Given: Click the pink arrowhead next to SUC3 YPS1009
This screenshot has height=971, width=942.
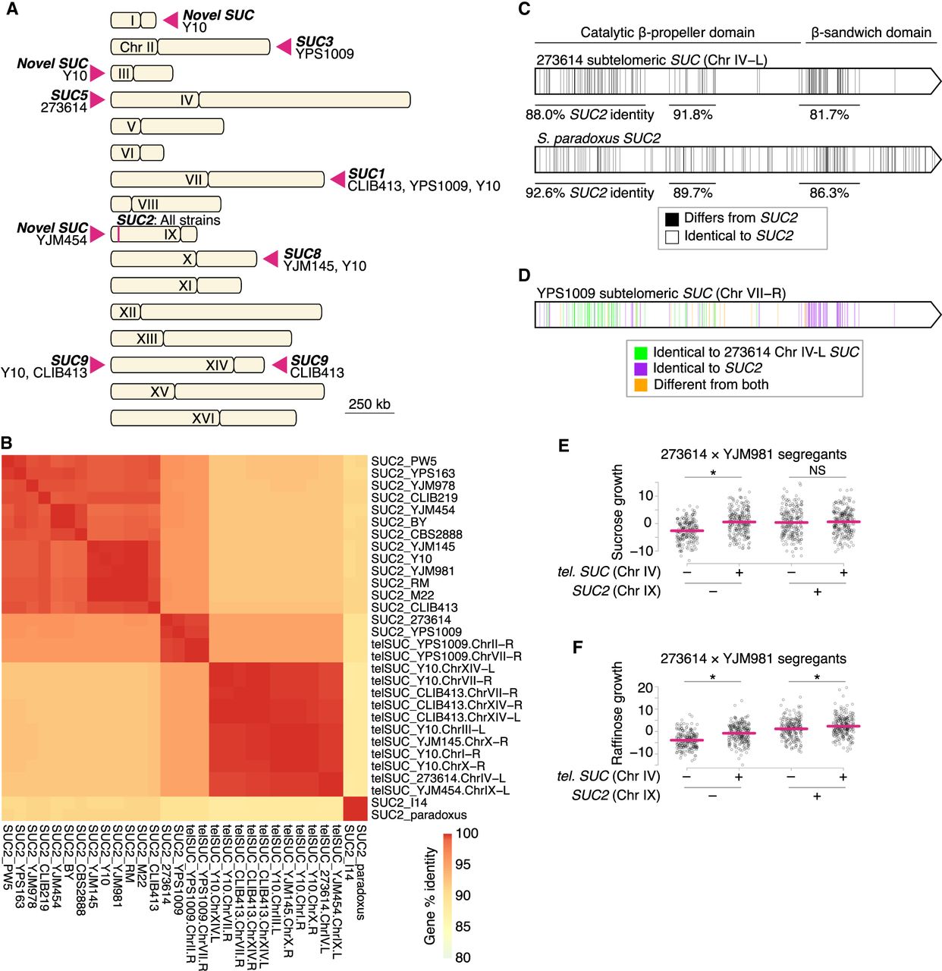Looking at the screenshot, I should (x=284, y=47).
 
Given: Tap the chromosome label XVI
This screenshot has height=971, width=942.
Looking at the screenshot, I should (x=203, y=418).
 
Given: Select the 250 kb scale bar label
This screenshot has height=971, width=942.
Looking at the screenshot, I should (x=369, y=404).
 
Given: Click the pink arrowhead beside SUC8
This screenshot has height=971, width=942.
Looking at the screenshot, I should (x=271, y=259).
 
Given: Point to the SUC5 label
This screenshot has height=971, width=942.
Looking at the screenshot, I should (x=69, y=96).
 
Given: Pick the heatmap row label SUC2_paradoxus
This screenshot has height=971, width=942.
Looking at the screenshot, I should (x=419, y=815).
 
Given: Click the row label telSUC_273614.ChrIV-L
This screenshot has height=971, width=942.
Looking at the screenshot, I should (x=438, y=778).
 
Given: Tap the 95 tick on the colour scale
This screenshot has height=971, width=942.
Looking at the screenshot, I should (x=463, y=864).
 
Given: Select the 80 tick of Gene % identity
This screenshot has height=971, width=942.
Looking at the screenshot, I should (x=463, y=957).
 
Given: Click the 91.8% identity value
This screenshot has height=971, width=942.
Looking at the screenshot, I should (x=692, y=115).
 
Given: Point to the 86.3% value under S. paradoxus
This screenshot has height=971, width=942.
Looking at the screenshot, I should (x=829, y=193).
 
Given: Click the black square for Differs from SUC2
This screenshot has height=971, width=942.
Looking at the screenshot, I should (x=671, y=218).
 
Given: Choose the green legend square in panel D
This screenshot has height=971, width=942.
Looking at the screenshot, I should (x=641, y=352).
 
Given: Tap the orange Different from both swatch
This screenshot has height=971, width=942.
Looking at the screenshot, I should (x=641, y=385).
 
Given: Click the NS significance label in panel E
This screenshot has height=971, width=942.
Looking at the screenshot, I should (x=817, y=470).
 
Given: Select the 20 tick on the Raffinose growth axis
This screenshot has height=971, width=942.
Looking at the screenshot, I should (x=645, y=688).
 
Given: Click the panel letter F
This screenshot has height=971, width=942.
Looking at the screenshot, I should (x=578, y=647).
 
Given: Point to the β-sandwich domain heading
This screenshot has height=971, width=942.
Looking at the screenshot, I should (x=871, y=33).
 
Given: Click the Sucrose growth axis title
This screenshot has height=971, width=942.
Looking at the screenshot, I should (x=618, y=512).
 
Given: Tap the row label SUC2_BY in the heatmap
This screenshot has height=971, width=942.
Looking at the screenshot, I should (x=399, y=522).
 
